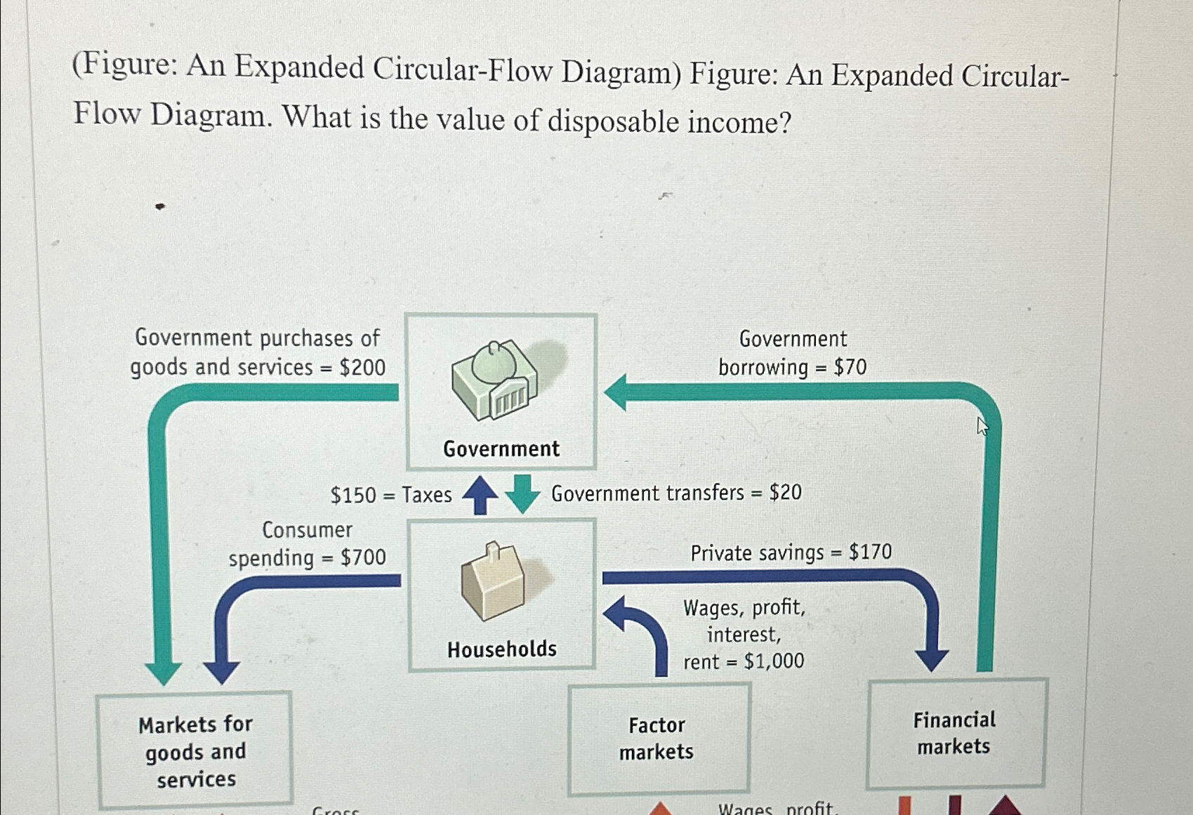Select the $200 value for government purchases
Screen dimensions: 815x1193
coord(362,367)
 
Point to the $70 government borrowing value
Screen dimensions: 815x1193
coord(850,367)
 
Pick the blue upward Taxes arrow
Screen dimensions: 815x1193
coord(480,494)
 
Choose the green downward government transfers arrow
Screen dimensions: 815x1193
coord(522,494)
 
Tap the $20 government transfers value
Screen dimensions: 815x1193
coord(785,492)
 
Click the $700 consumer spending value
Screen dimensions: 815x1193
coord(363,557)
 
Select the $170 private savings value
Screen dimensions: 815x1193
coord(870,552)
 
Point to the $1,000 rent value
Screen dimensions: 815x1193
coord(774,661)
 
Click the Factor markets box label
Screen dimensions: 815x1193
coord(657,738)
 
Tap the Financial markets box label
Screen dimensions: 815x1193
coord(954,733)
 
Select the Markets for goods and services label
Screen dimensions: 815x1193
coord(195,751)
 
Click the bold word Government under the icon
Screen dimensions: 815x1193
coord(501,449)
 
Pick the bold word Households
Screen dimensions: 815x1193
coord(502,649)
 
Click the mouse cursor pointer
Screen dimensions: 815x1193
coord(982,425)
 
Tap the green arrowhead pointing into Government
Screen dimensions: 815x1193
coord(616,392)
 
